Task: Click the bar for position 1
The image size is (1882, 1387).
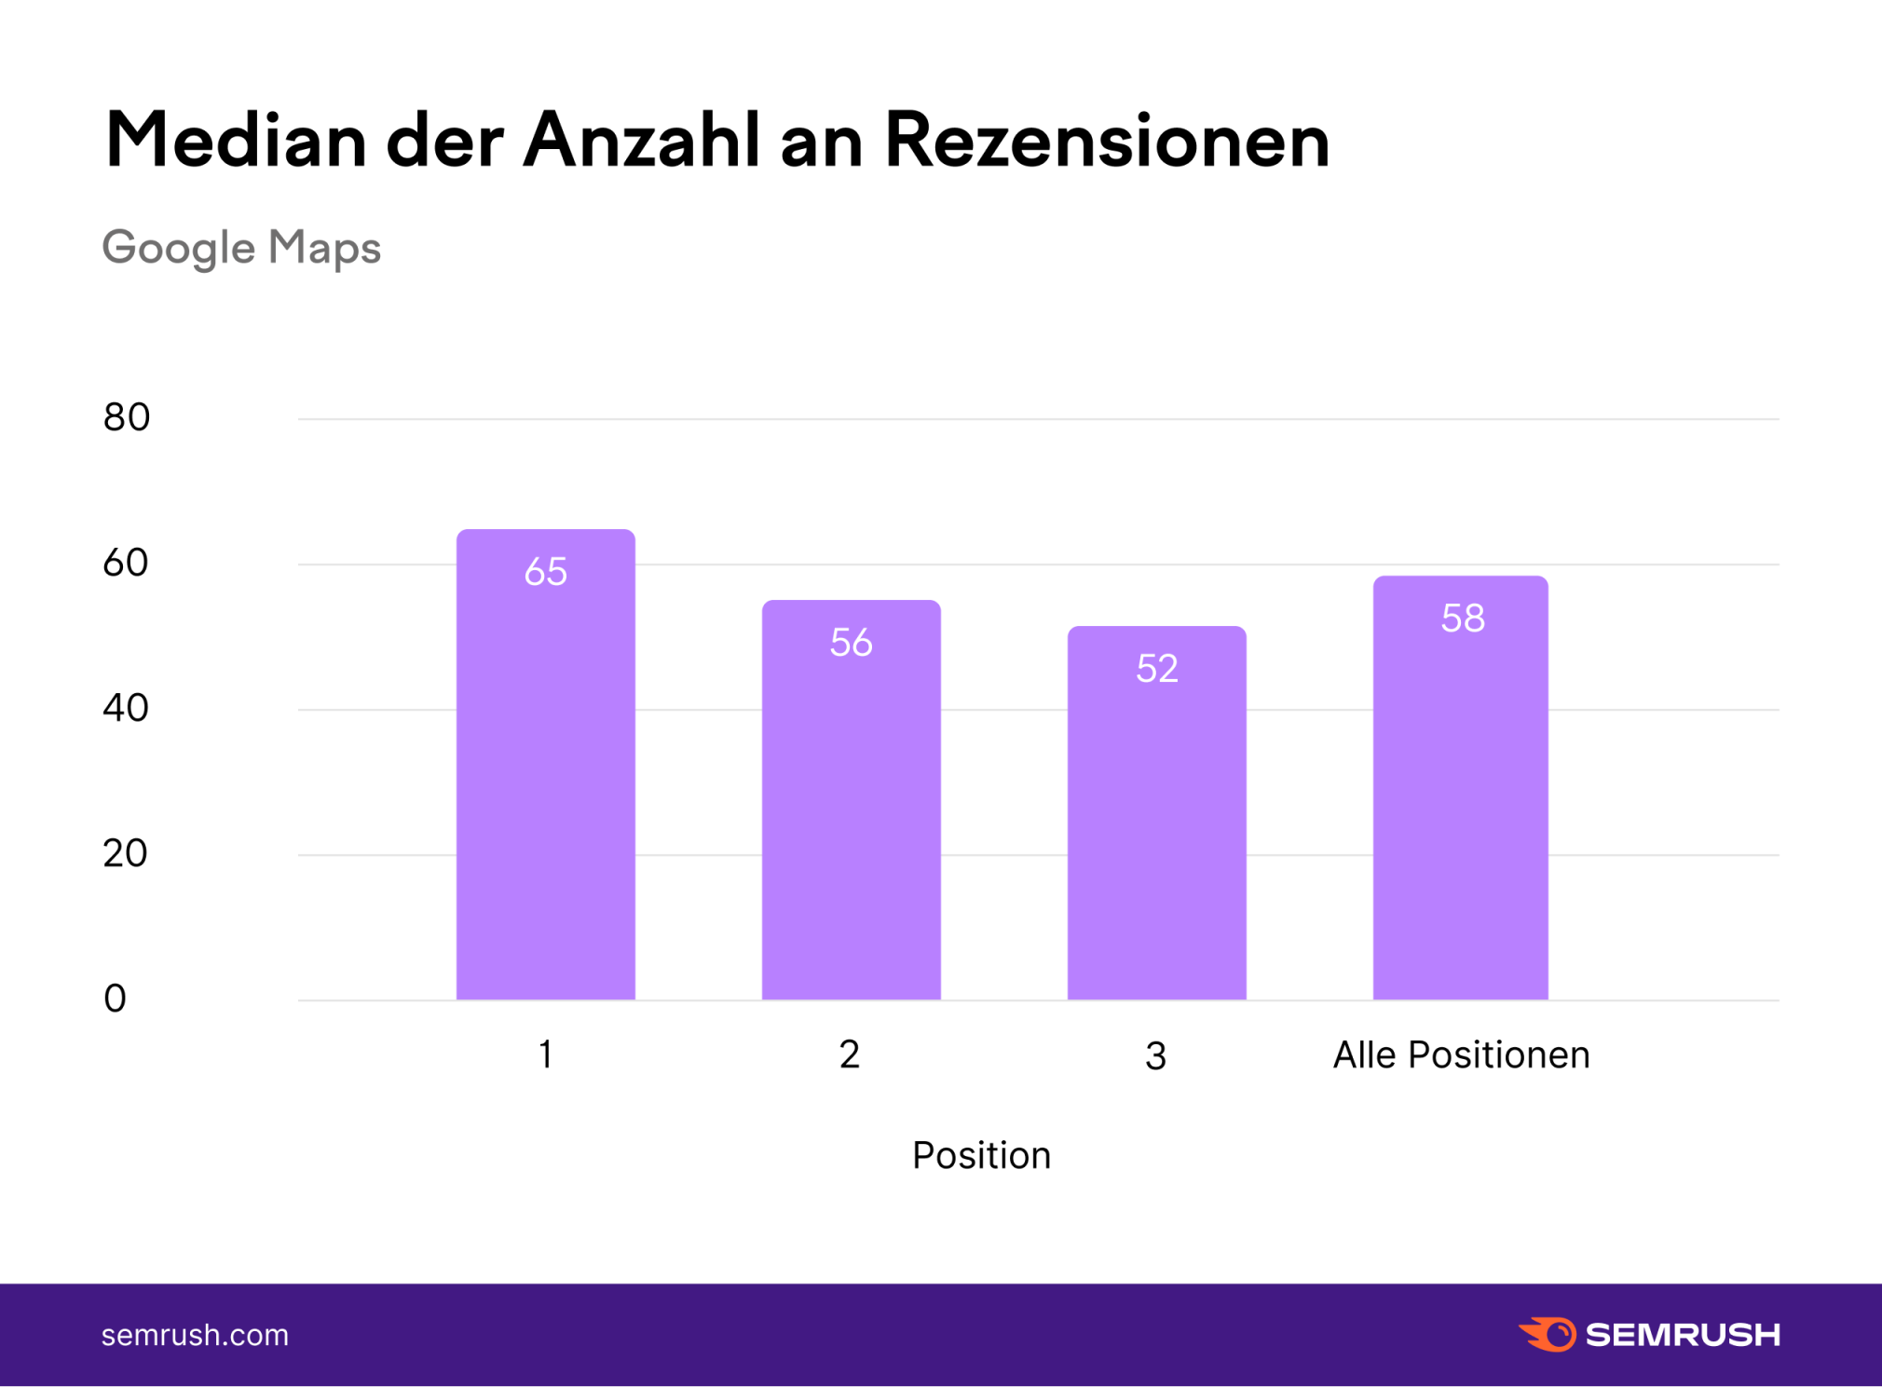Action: click(x=546, y=782)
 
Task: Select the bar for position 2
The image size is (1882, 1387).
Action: click(x=852, y=820)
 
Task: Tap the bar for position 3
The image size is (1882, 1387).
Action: click(x=1156, y=829)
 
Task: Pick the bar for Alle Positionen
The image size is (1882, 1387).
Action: click(x=1461, y=801)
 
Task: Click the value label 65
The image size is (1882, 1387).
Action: click(x=546, y=572)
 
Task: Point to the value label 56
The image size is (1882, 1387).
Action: click(x=852, y=643)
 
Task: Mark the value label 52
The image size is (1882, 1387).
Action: click(x=1157, y=669)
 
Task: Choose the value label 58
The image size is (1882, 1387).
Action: click(x=1463, y=619)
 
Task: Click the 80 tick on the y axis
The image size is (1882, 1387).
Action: click(x=126, y=417)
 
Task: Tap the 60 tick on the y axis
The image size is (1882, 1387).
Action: click(x=126, y=563)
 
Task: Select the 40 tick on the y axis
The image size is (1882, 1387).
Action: click(x=126, y=708)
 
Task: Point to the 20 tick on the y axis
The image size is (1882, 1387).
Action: click(x=126, y=853)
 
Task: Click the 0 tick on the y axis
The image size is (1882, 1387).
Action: click(x=115, y=999)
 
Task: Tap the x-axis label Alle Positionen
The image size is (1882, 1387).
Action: click(x=1461, y=1055)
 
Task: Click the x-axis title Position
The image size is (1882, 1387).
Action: click(x=981, y=1156)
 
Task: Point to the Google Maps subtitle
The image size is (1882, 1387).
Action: click(x=241, y=249)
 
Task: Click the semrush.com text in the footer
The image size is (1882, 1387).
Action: click(x=195, y=1336)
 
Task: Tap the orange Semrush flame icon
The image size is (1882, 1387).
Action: click(x=1548, y=1334)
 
